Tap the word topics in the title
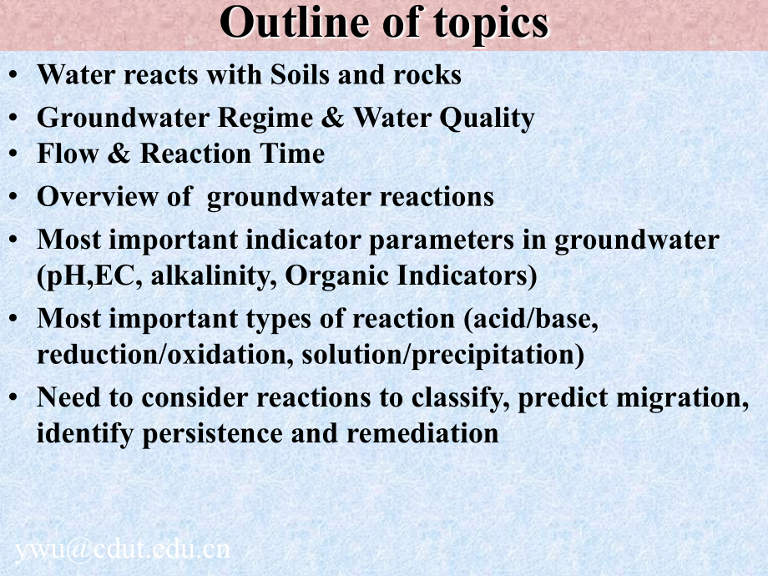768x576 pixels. (491, 24)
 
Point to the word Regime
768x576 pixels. (265, 119)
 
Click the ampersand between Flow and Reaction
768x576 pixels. (119, 154)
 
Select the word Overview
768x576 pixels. (98, 196)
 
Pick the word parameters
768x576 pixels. (441, 241)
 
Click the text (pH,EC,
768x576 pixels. (89, 276)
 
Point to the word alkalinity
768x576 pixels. (210, 276)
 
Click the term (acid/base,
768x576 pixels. (530, 320)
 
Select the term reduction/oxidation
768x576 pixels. (162, 355)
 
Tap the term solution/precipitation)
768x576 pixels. (442, 356)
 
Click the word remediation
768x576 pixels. (422, 433)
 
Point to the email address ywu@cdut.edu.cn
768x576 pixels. (123, 550)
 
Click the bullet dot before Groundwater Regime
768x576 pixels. (13, 118)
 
